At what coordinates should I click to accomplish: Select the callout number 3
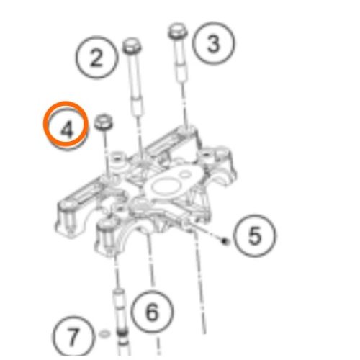click(x=214, y=43)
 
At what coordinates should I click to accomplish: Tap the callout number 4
click(x=67, y=130)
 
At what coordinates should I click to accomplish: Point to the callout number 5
click(x=255, y=235)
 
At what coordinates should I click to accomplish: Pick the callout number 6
click(x=152, y=312)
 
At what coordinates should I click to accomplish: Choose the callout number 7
click(x=73, y=336)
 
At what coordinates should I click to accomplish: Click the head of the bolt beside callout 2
click(x=132, y=45)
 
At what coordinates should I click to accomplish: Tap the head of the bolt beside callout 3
click(x=178, y=32)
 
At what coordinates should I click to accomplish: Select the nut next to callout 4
click(x=104, y=122)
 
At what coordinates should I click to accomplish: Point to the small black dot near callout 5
click(x=225, y=241)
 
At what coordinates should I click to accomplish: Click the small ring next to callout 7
click(x=104, y=334)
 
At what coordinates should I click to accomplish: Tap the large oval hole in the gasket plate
click(x=166, y=186)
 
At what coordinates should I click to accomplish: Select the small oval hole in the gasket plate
click(x=185, y=174)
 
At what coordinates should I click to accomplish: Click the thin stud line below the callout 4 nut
click(x=106, y=152)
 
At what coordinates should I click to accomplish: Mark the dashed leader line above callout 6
click(x=150, y=259)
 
